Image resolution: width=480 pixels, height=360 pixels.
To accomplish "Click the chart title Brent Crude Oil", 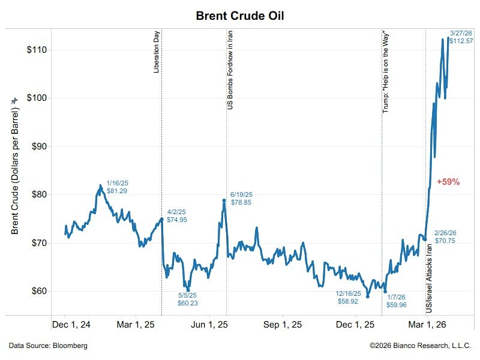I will tap(239, 16).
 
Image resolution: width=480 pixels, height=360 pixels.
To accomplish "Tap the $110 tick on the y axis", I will tap(38, 50).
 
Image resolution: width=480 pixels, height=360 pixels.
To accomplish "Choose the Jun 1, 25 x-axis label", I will tap(209, 325).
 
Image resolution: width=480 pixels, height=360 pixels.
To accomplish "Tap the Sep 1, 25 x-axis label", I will tap(282, 325).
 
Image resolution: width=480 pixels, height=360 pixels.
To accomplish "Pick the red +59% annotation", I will tap(448, 181).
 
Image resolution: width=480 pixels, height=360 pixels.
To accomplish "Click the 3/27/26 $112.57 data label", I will tap(461, 37).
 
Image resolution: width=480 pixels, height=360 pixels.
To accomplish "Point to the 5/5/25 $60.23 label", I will tap(187, 299).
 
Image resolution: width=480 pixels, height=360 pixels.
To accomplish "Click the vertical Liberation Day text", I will tap(157, 53).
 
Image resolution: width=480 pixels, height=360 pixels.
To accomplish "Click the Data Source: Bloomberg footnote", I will tap(48, 346).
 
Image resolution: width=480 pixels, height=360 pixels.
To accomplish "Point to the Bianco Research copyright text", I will tap(420, 346).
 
